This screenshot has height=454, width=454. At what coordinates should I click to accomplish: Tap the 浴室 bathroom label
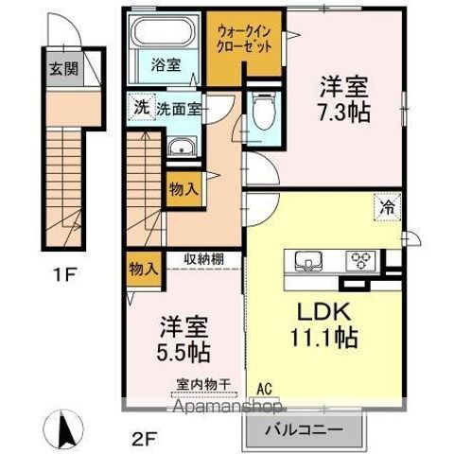[166, 67]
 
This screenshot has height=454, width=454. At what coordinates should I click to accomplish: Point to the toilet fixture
[264, 117]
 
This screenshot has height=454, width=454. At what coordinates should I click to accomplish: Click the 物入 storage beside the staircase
[183, 188]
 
